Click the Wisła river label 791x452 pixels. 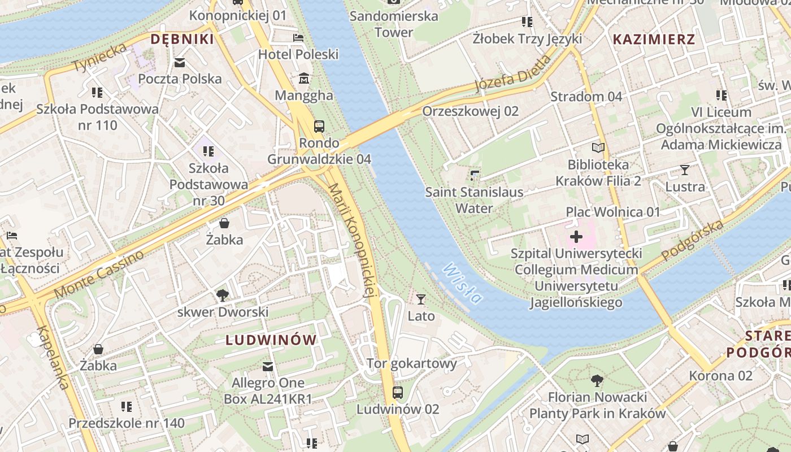[463, 283]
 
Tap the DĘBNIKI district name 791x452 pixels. [182, 39]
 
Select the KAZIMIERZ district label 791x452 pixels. [654, 39]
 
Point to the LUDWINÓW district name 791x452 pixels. [271, 340]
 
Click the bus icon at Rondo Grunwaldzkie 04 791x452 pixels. [319, 126]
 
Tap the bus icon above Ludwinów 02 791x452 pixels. [397, 392]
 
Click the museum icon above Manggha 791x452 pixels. [304, 78]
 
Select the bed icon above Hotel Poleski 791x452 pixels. [298, 38]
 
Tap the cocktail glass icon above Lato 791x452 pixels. [421, 299]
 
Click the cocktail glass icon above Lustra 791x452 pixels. [685, 169]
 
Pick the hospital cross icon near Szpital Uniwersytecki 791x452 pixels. [576, 236]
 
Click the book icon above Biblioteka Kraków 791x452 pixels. [598, 148]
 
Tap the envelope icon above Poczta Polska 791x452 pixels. [180, 62]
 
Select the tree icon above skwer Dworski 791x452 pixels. [223, 295]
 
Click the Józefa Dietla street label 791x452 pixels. [512, 73]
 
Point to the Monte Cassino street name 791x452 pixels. [99, 275]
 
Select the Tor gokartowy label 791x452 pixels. [411, 363]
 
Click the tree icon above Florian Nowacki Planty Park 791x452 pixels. [597, 380]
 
